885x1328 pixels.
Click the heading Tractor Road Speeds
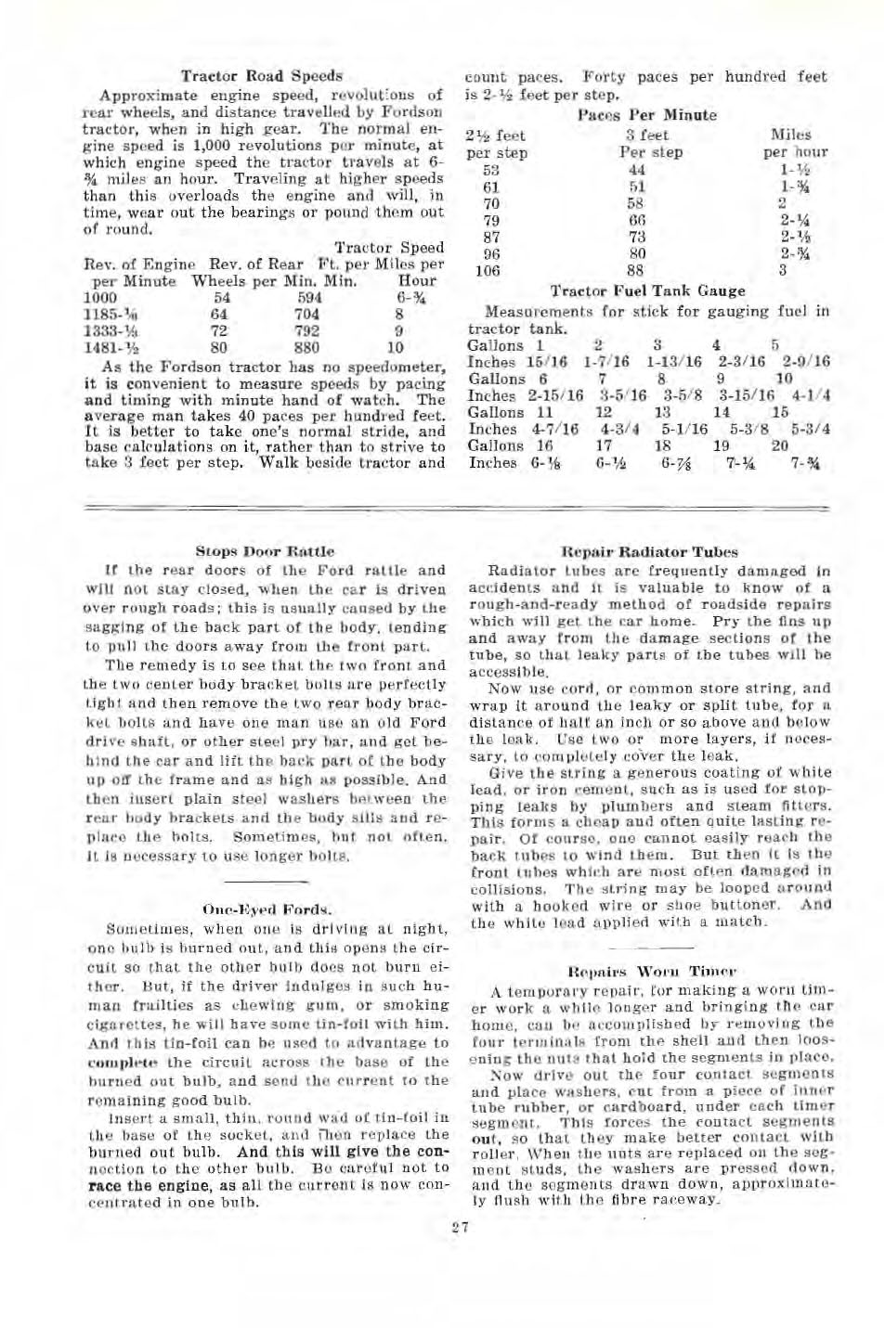(261, 76)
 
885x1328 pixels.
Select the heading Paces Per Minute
(646, 115)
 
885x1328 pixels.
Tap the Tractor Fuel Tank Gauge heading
(647, 290)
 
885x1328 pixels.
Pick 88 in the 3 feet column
(635, 271)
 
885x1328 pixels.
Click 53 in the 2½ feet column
(490, 170)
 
